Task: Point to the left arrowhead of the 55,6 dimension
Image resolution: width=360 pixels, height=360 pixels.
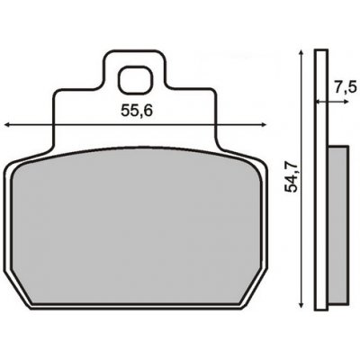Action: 7,125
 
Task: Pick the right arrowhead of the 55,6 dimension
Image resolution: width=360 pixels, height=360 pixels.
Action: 267,125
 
